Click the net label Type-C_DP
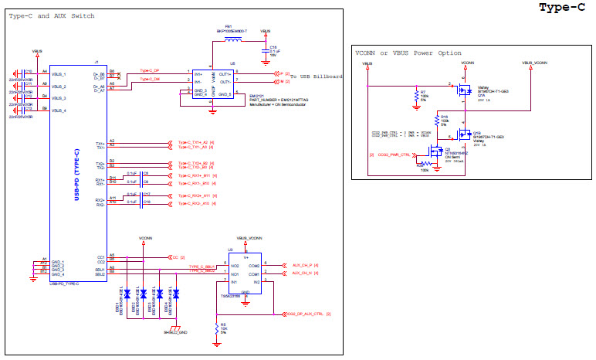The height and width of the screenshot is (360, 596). [x=151, y=71]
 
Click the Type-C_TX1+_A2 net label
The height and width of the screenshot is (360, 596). [x=193, y=143]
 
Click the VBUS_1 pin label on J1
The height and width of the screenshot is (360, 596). [x=59, y=73]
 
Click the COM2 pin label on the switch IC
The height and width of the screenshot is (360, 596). [x=254, y=265]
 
